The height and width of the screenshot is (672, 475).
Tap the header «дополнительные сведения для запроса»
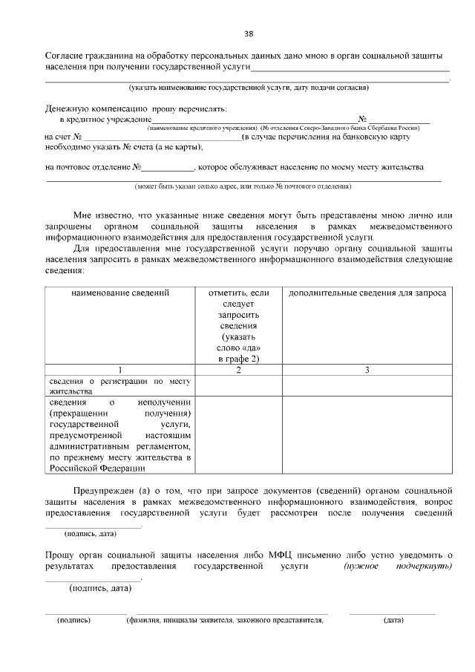pos(367,293)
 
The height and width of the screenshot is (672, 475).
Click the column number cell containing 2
pos(238,369)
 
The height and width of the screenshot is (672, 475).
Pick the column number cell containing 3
pos(367,369)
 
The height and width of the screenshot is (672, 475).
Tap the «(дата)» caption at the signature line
pos(393,619)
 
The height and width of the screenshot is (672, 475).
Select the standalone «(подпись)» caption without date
pos(73,619)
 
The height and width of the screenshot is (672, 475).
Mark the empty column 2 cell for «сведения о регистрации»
pos(238,386)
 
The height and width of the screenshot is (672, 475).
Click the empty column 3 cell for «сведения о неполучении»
pos(367,435)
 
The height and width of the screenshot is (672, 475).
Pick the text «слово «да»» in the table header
pos(238,348)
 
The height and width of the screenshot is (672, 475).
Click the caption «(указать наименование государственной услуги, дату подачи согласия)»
pos(248,88)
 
